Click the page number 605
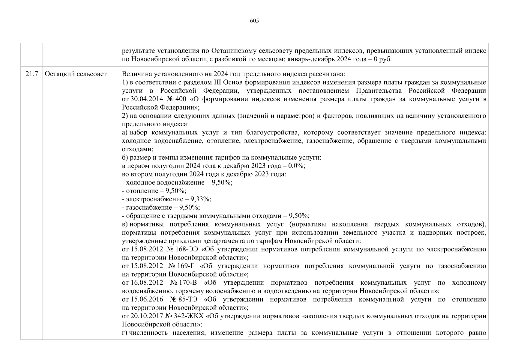coord(254,21)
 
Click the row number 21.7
coord(31,74)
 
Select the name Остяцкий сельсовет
coord(76,74)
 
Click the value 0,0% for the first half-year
coord(296,166)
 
